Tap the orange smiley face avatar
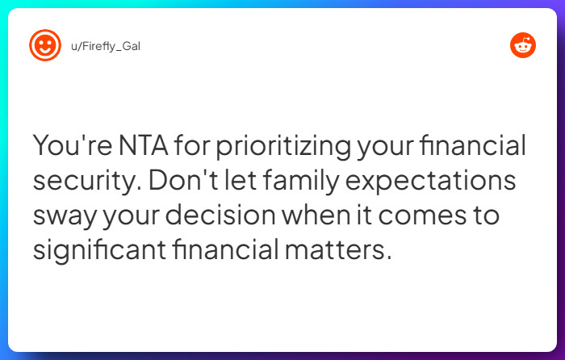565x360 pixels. click(45, 45)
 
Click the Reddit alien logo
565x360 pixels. click(522, 45)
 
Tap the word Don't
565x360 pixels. click(172, 181)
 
